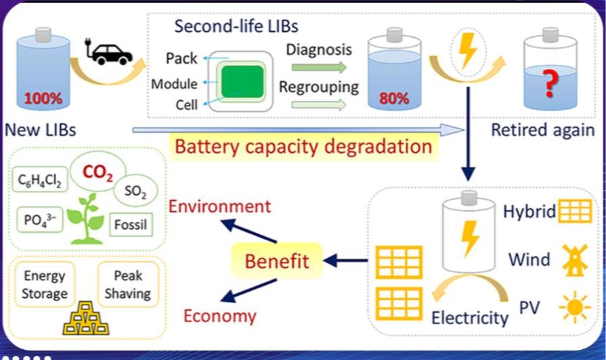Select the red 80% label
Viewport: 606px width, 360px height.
pyautogui.click(x=393, y=98)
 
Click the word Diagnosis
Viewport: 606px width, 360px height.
pyautogui.click(x=319, y=49)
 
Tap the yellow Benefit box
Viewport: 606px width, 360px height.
pyautogui.click(x=277, y=260)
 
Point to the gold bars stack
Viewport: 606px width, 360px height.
pyautogui.click(x=87, y=319)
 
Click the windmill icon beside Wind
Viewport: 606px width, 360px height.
pyautogui.click(x=574, y=259)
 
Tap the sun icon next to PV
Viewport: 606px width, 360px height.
pyautogui.click(x=576, y=309)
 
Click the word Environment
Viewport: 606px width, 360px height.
pyautogui.click(x=220, y=206)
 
